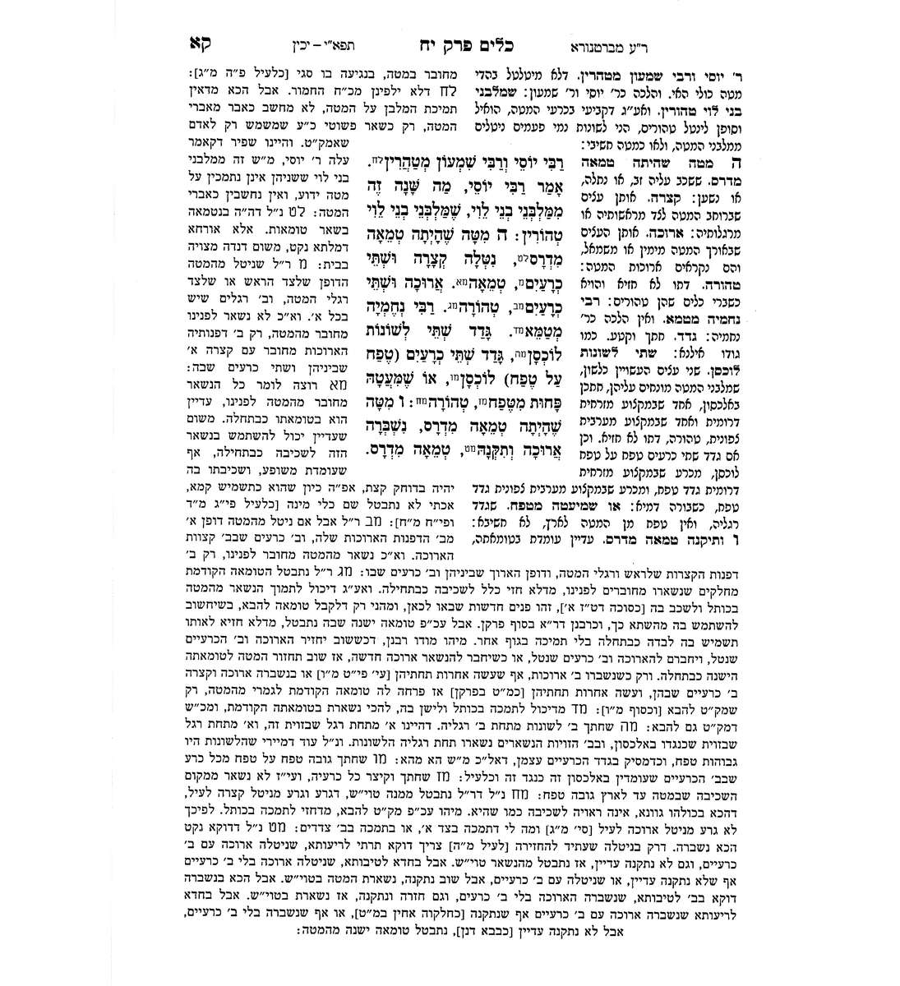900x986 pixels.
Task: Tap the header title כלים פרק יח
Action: click(427, 42)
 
